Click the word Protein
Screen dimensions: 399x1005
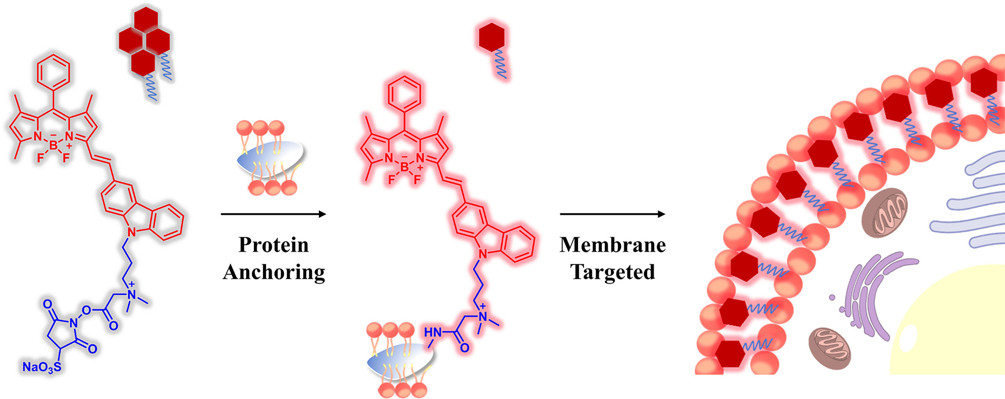[273, 245]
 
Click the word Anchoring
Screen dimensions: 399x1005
[274, 272]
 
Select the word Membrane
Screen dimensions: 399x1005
[613, 245]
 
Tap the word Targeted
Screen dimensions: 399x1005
[613, 272]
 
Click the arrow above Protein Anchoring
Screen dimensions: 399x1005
[273, 214]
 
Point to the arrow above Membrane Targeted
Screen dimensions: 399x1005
[613, 214]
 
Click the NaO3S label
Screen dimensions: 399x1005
[41, 367]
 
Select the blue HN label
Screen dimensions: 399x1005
[433, 333]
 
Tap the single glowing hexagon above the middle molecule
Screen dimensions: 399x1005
[491, 37]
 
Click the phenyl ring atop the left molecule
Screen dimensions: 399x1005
[54, 71]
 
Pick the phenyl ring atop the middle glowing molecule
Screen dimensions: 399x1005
[405, 93]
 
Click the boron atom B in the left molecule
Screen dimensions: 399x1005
[54, 146]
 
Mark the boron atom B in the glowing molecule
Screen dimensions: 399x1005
[405, 167]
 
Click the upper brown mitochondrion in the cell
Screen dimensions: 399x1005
[884, 212]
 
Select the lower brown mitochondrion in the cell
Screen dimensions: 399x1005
[829, 347]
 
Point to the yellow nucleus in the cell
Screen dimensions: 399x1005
[954, 326]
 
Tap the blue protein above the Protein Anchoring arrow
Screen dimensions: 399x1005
[270, 156]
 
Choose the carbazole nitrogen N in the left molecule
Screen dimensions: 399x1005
[132, 233]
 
